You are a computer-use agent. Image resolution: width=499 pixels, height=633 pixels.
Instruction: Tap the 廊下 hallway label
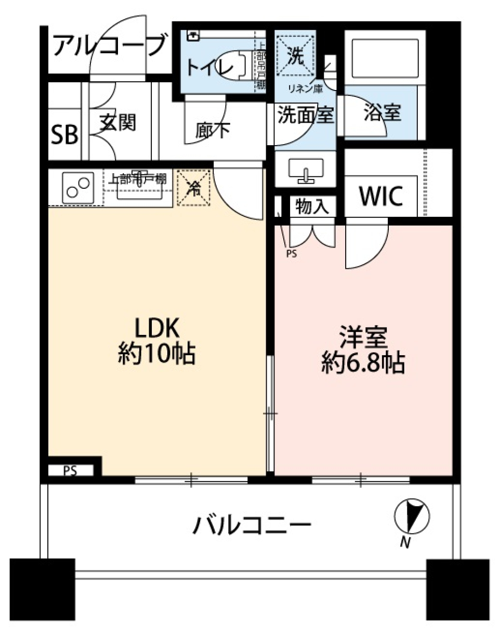[x=213, y=130]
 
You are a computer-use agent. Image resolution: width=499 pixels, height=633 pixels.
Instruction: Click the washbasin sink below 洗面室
[x=305, y=170]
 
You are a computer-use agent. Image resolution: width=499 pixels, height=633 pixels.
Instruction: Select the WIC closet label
[x=381, y=197]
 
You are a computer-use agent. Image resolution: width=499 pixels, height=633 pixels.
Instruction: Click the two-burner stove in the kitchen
[x=78, y=187]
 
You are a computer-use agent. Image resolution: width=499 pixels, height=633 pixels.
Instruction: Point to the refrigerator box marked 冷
[x=194, y=188]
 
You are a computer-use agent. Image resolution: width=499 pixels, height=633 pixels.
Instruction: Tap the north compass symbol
[x=412, y=516]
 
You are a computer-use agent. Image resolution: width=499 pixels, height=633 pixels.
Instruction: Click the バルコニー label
[x=253, y=526]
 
